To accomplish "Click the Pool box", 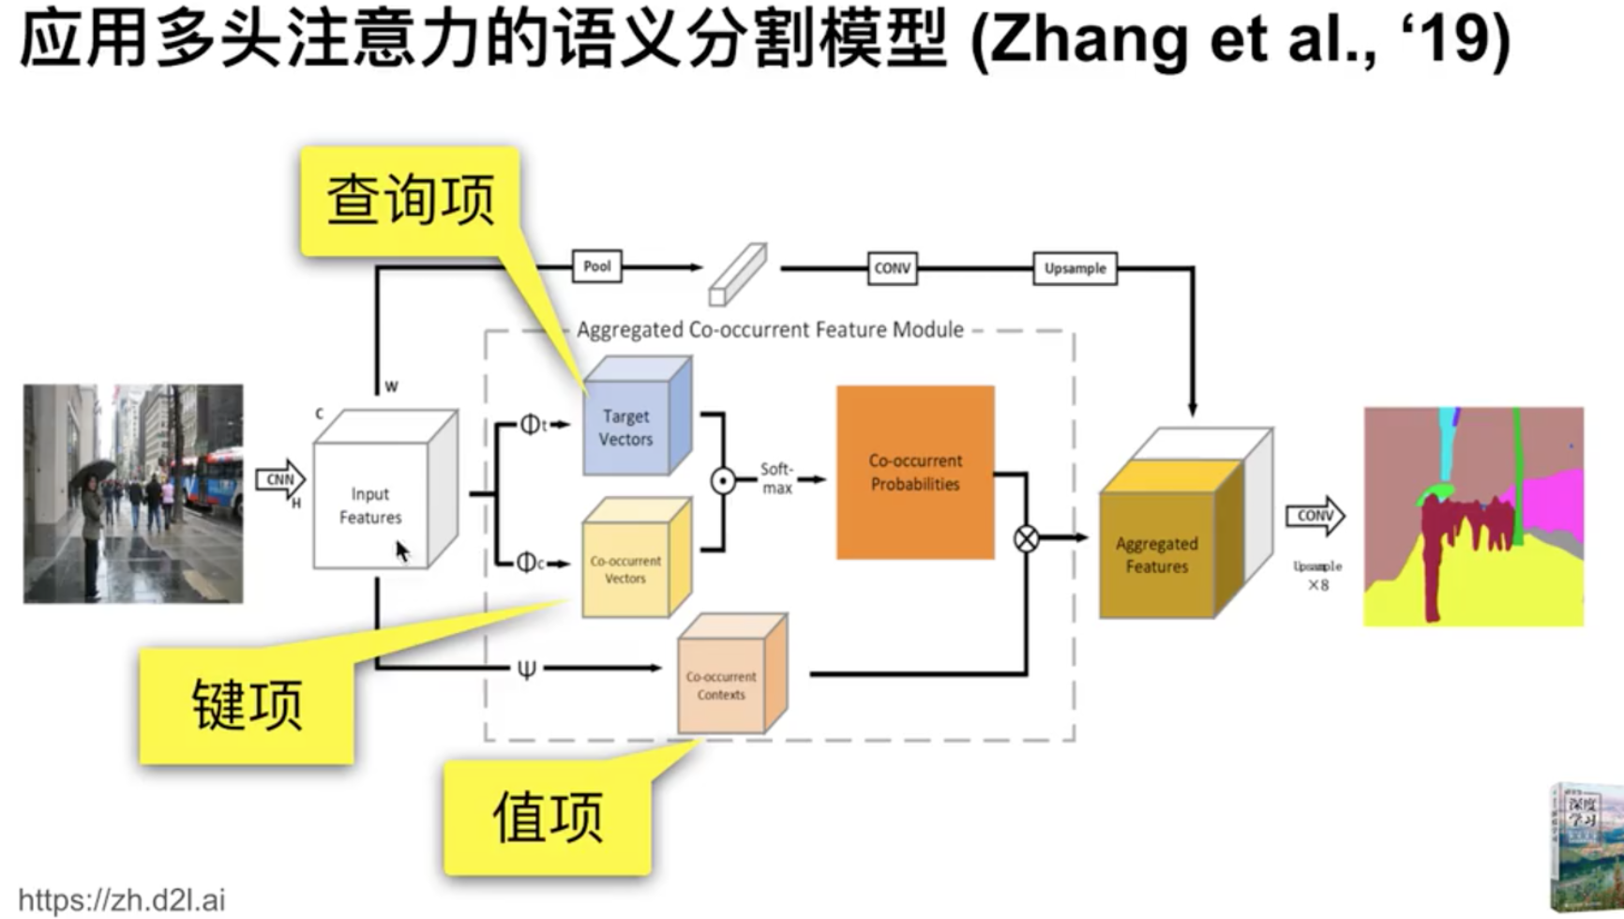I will [597, 267].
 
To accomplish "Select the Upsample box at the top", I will [1075, 268].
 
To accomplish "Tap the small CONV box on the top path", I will [892, 268].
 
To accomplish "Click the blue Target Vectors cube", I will [627, 427].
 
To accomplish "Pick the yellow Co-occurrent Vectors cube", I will [626, 568].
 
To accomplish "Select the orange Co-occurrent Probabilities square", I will [915, 473].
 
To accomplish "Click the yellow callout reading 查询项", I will [410, 200].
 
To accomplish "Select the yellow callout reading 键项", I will [247, 705].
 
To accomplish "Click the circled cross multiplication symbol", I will [1027, 538].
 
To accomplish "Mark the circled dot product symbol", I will [723, 481].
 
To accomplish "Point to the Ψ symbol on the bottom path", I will [527, 669].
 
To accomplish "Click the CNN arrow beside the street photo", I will [280, 480].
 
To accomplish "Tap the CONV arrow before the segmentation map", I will [1315, 516].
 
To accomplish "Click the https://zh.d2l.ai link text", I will [122, 900].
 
